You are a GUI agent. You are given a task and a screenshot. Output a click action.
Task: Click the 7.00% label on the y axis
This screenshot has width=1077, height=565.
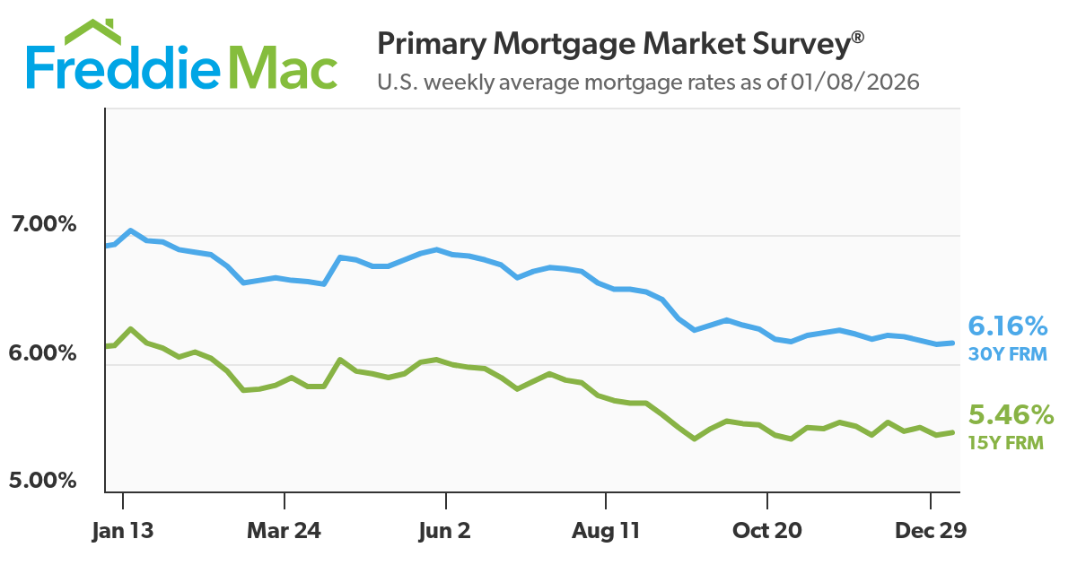pyautogui.click(x=44, y=224)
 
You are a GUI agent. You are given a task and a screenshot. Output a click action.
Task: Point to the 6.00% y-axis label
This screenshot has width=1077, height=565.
pyautogui.click(x=44, y=353)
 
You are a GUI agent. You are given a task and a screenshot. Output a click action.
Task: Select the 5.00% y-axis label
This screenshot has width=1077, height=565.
pyautogui.click(x=44, y=481)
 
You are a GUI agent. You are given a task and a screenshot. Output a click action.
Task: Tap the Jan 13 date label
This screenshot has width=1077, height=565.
pyautogui.click(x=122, y=531)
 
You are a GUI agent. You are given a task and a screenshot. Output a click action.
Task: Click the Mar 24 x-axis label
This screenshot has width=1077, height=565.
pyautogui.click(x=284, y=531)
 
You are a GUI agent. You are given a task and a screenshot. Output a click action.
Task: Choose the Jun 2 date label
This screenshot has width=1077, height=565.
pyautogui.click(x=444, y=531)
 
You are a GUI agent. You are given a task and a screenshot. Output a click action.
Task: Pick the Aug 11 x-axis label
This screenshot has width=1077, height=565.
pyautogui.click(x=606, y=531)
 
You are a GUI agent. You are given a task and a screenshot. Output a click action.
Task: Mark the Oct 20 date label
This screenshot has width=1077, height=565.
pyautogui.click(x=767, y=531)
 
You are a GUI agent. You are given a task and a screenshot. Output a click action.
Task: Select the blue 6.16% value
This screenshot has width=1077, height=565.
pyautogui.click(x=1008, y=326)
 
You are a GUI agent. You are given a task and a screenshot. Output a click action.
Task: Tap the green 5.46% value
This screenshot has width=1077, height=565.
pyautogui.click(x=1010, y=415)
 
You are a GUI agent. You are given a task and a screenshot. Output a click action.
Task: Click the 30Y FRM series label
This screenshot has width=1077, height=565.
pyautogui.click(x=1007, y=354)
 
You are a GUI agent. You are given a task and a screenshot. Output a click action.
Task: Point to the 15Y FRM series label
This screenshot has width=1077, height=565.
pyautogui.click(x=1005, y=442)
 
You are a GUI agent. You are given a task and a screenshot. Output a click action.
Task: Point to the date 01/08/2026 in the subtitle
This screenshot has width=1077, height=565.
pyautogui.click(x=855, y=83)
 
